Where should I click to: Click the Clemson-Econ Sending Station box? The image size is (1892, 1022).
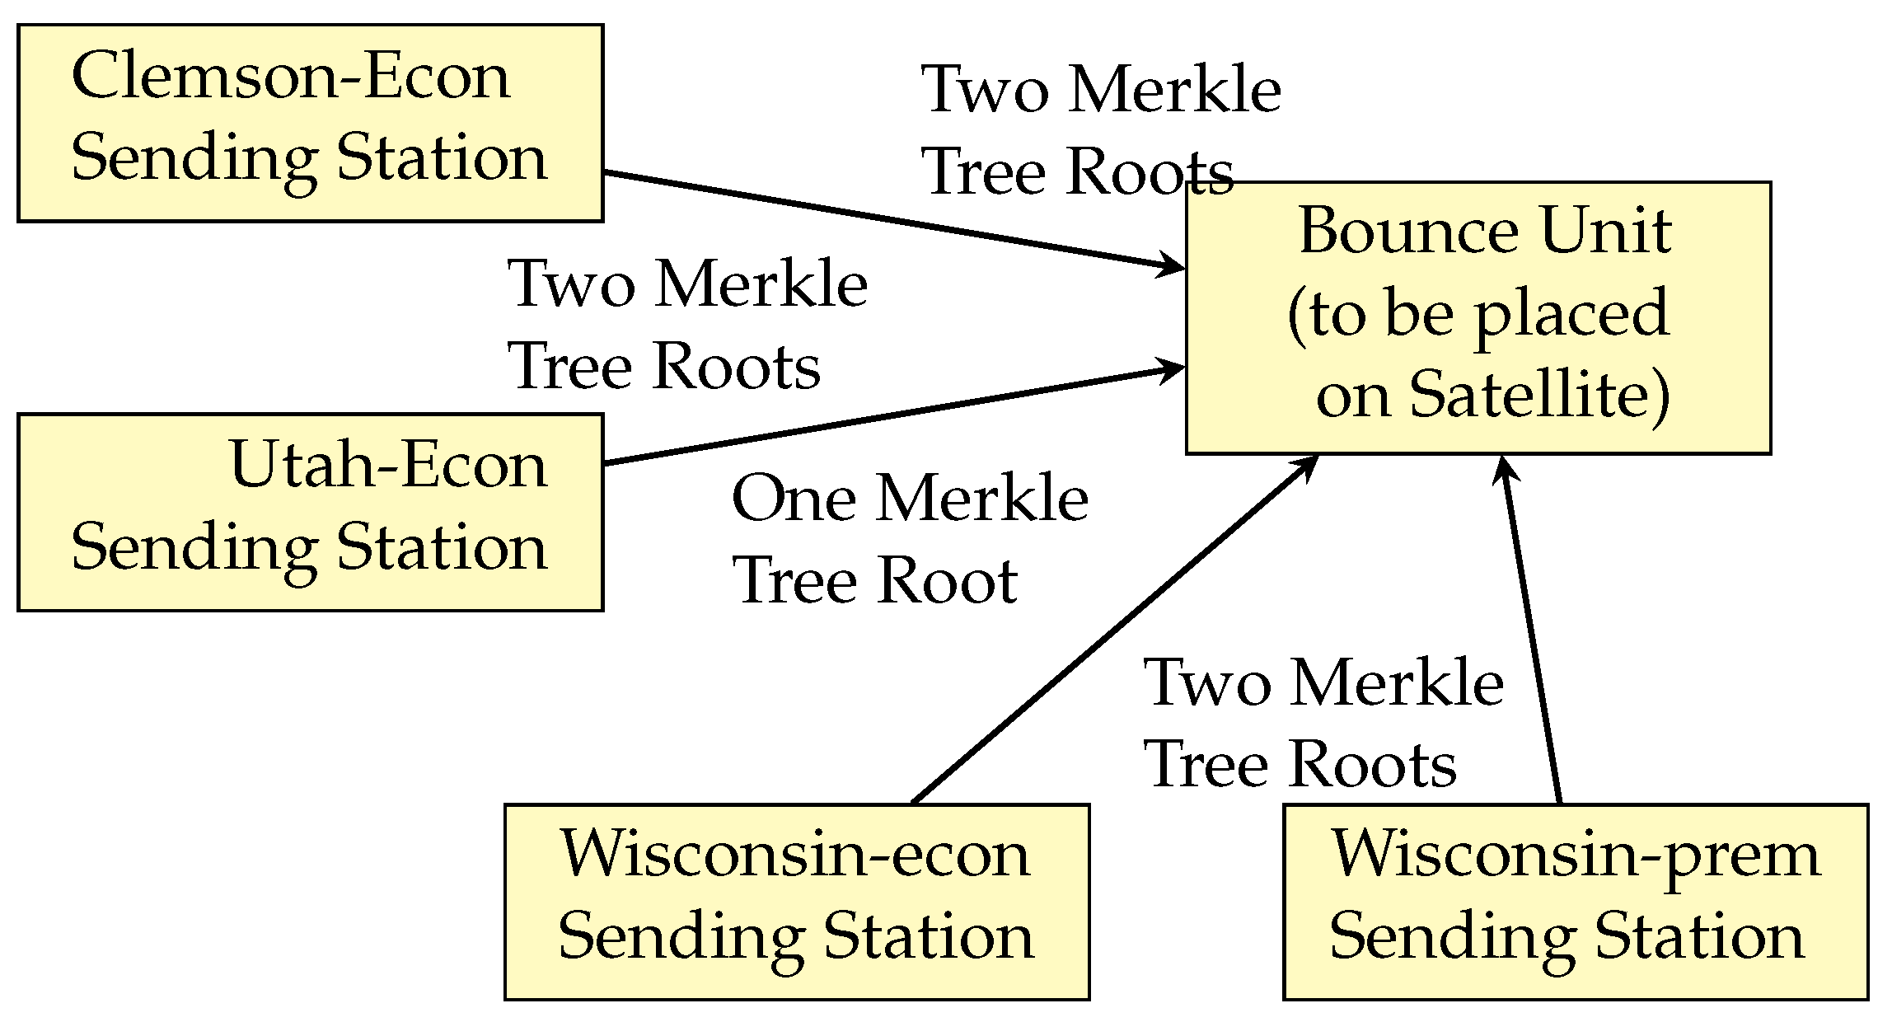click(310, 123)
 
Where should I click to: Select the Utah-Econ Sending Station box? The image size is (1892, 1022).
click(310, 512)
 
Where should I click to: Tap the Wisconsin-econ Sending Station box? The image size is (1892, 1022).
click(796, 902)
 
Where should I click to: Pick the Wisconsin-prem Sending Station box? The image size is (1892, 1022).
click(1575, 902)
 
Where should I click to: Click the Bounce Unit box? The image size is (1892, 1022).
click(1478, 317)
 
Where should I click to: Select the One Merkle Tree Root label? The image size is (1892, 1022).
click(909, 540)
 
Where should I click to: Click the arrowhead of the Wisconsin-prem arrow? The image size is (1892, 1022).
click(1506, 468)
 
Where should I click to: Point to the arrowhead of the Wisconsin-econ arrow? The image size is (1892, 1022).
click(1307, 466)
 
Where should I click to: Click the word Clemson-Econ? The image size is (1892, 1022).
click(291, 76)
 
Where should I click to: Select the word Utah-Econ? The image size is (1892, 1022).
click(387, 466)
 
